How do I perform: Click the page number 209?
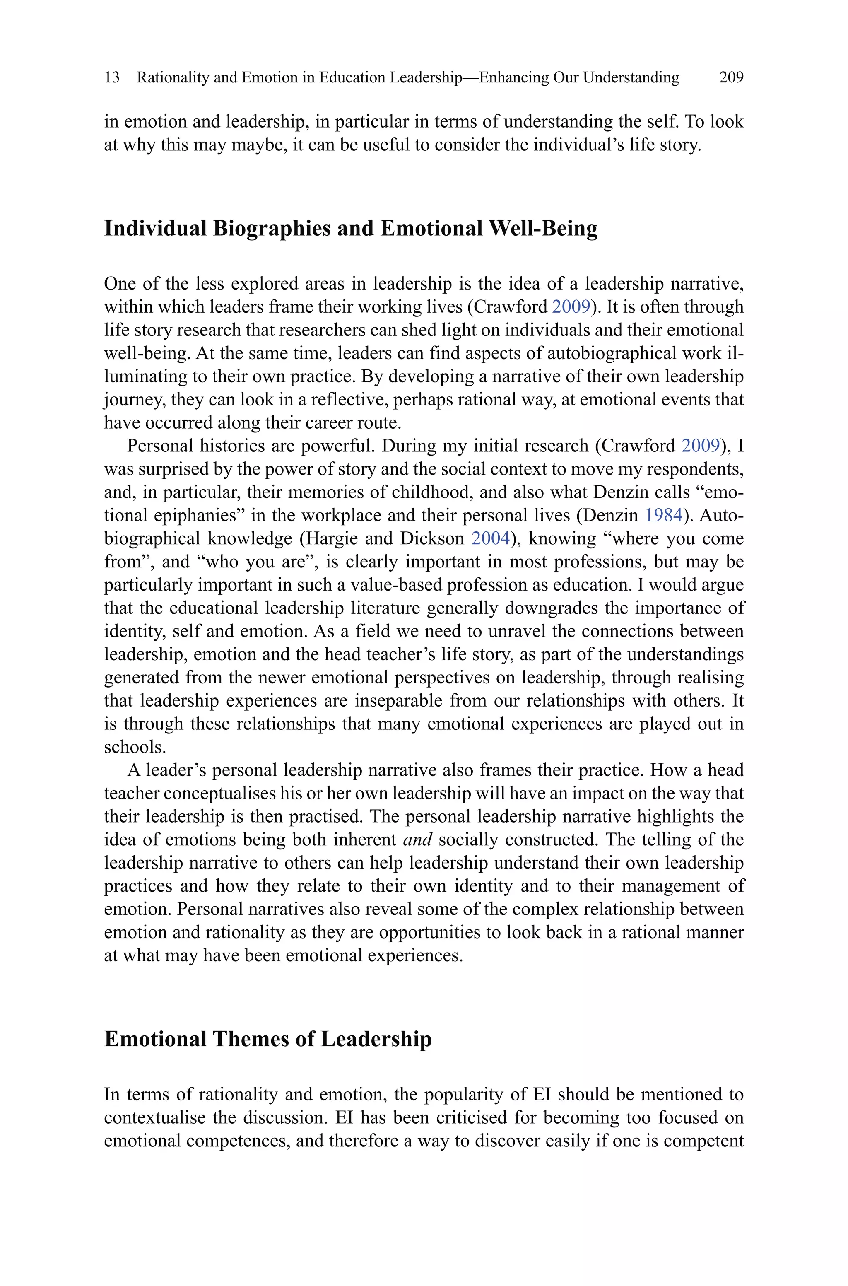point(731,78)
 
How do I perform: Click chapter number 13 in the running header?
point(112,78)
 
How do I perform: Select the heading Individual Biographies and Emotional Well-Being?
point(350,228)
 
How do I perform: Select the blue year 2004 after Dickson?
point(491,538)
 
